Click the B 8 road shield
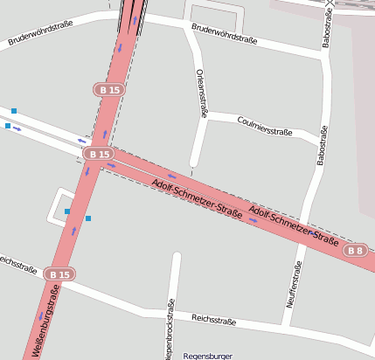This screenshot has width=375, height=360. pos(355,251)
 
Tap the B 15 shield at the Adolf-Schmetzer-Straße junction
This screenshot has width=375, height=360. pos(100,154)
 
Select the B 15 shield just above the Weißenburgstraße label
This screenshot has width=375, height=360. pos(59,274)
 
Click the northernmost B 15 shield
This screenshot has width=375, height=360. pos(110,89)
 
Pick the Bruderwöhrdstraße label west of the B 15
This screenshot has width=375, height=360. pos(40,33)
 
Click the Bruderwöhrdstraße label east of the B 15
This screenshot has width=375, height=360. pos(224,34)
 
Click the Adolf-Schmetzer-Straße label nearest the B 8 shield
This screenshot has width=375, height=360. pos(294,225)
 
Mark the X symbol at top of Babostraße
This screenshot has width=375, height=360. pos(329,3)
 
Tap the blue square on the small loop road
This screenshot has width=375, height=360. pos(67,211)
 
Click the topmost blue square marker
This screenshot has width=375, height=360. pos(14,111)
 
